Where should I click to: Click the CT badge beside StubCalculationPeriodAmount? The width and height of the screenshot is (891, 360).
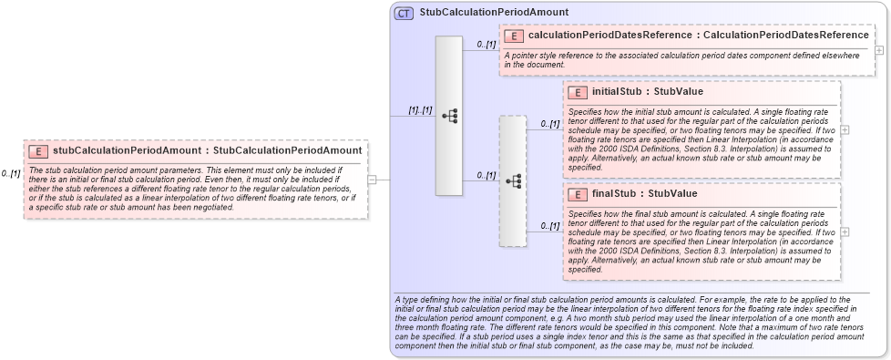403,13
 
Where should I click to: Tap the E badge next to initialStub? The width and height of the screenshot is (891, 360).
577,92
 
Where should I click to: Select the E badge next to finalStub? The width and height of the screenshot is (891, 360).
577,193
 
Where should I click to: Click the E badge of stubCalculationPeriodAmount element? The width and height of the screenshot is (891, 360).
38,149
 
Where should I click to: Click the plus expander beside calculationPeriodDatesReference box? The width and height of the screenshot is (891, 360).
879,50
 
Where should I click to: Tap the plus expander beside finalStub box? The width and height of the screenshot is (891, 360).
845,231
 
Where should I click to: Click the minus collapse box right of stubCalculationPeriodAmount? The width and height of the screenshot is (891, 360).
371,180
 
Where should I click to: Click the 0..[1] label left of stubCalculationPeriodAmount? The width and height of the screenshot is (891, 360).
11,173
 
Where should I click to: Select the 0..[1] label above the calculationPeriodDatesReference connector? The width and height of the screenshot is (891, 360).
486,44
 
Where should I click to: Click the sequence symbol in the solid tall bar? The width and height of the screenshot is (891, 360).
449,116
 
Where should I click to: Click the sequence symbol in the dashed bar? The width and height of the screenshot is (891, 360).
513,180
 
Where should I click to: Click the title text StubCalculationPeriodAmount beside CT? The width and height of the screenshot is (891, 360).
495,13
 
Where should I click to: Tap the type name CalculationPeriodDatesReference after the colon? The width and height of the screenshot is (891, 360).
785,36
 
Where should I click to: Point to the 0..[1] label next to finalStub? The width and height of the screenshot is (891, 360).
550,225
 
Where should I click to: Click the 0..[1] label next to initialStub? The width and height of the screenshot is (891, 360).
550,123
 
